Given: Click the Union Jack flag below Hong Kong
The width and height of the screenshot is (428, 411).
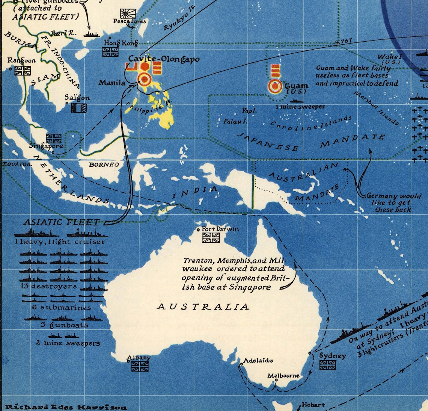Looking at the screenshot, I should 110,52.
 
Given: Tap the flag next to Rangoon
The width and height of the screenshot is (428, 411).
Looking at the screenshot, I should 23,70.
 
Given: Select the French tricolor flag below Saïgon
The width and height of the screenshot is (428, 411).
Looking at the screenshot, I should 79,108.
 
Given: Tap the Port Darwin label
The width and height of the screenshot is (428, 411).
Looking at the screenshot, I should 220,229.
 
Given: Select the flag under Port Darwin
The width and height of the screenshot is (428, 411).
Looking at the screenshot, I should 211,238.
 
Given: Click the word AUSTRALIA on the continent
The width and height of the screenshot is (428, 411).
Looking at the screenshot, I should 203,307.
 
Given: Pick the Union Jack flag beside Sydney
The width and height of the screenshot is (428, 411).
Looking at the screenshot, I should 327,365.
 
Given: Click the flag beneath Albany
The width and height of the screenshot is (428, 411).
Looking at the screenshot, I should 140,366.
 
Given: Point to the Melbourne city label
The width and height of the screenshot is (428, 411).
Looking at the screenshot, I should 283,375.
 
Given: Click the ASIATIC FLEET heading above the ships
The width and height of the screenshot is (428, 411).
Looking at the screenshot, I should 62,222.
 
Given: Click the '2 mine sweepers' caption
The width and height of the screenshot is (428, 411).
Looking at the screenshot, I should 68,343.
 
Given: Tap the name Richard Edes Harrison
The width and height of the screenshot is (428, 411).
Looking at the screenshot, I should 65,407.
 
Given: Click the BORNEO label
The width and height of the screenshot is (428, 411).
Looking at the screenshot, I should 104,165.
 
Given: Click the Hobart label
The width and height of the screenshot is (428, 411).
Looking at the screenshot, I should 313,405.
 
